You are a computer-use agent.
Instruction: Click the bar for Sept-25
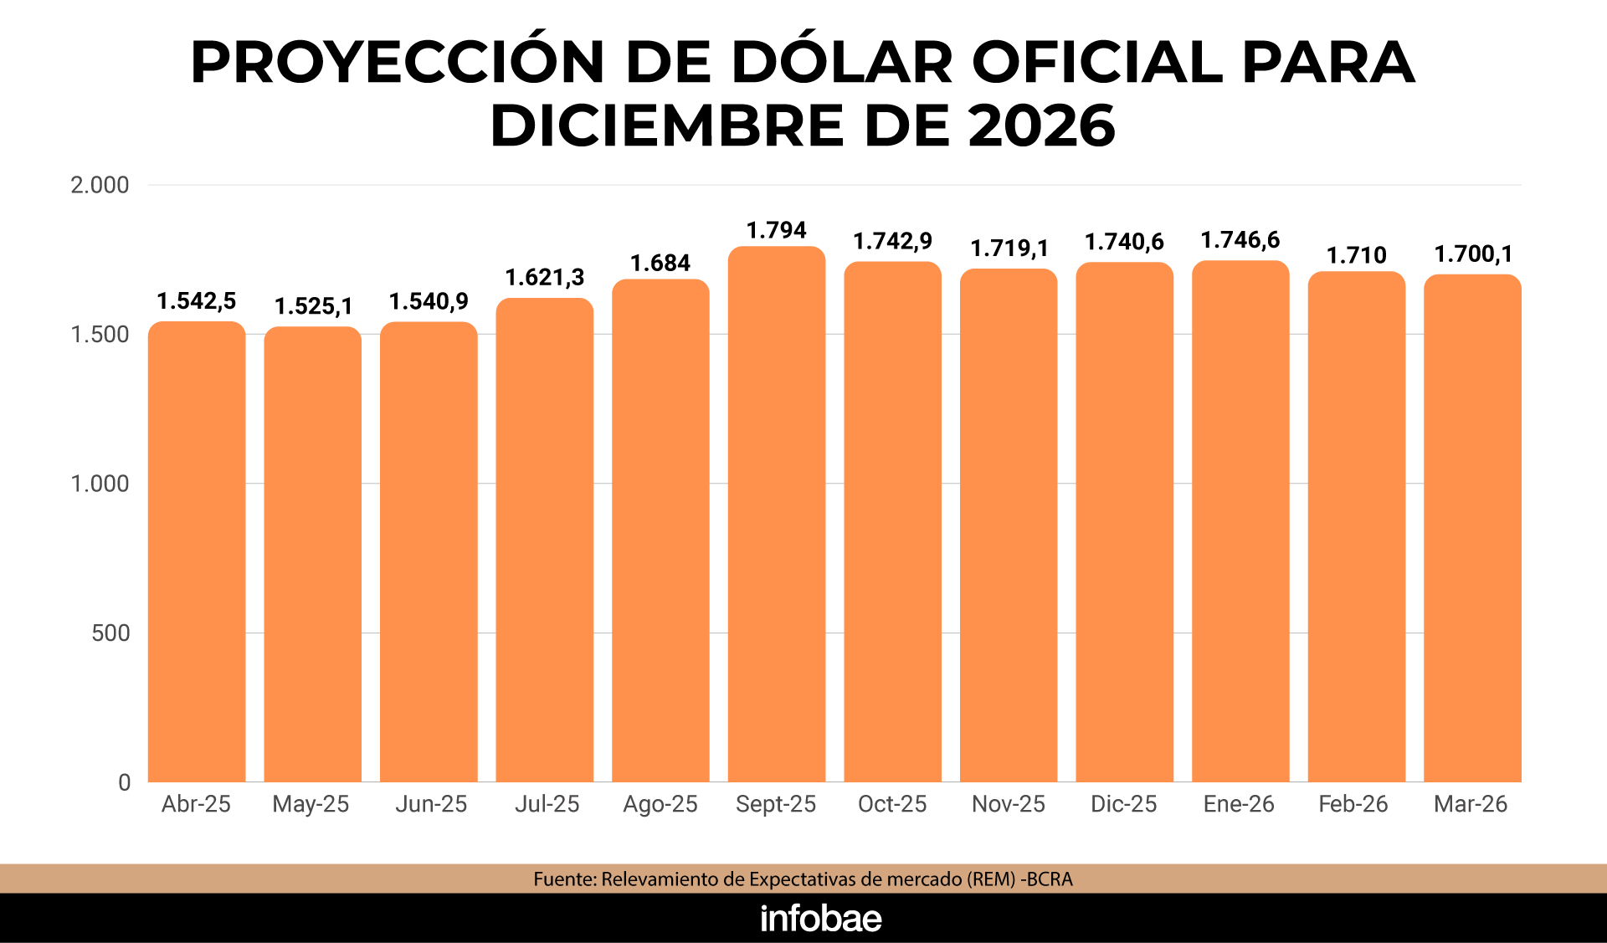tap(777, 515)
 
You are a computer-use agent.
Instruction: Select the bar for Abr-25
tap(197, 552)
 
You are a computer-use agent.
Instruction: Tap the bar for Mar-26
tap(1472, 529)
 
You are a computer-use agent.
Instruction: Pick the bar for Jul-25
tap(545, 541)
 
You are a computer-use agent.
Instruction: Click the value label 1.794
tap(777, 230)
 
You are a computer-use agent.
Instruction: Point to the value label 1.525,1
tap(314, 306)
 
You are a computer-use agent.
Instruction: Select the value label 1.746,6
tap(1240, 240)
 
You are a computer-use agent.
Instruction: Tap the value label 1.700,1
tap(1473, 254)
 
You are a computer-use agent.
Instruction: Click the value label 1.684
tap(660, 264)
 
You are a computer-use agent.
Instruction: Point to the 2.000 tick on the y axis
tap(100, 185)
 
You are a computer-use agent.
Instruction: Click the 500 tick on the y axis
tap(110, 633)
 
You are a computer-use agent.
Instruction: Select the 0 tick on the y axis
tap(124, 782)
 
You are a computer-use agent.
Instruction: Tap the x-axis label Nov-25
tap(1009, 804)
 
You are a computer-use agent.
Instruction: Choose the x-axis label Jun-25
tap(431, 804)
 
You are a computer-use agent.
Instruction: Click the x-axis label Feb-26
tap(1353, 804)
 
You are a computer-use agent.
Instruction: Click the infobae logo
tap(821, 919)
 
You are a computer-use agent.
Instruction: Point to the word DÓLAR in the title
tap(842, 63)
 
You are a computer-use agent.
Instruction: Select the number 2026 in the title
tap(1042, 126)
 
